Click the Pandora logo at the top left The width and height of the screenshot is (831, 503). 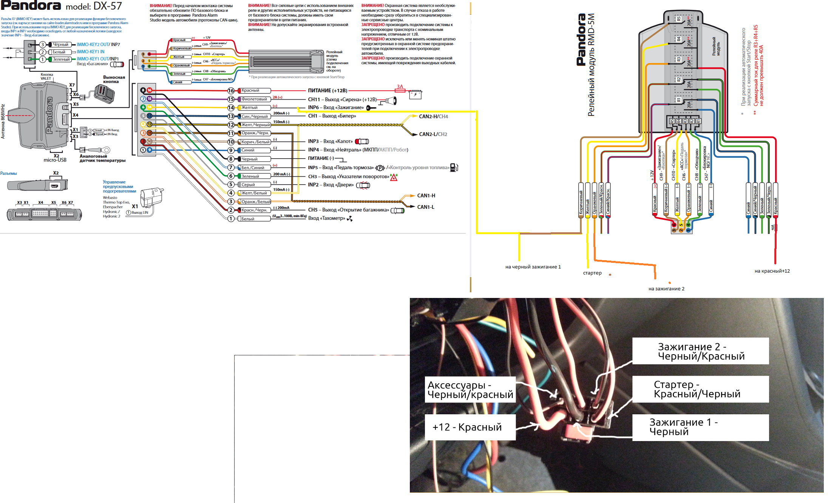(31, 5)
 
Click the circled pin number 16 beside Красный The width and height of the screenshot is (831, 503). (231, 91)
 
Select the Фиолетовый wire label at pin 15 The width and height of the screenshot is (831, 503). (254, 99)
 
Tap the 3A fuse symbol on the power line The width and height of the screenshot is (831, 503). (400, 90)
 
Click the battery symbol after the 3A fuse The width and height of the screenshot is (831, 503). (415, 94)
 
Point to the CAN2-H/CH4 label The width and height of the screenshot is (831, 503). (433, 117)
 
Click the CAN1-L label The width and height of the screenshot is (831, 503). (426, 207)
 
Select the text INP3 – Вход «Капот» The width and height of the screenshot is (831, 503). (330, 141)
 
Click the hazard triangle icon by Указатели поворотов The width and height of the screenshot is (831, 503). (394, 177)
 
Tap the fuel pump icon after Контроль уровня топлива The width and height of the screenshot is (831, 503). (454, 168)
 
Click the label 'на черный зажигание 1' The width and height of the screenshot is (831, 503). (533, 267)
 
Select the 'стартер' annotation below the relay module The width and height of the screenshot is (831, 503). (592, 273)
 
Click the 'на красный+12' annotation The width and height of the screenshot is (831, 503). (772, 271)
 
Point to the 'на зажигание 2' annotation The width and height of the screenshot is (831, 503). (666, 289)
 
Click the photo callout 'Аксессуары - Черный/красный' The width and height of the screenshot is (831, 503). (470, 390)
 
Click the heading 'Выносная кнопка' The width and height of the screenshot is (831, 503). (114, 79)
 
